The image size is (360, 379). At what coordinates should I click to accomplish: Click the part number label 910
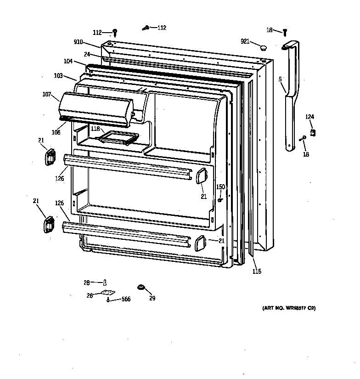point(78,42)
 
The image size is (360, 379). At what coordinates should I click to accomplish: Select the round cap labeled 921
point(263,47)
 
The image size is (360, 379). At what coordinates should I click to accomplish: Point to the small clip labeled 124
point(313,133)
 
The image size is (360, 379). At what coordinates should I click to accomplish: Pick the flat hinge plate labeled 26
point(108,293)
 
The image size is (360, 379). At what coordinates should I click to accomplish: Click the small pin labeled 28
point(105,283)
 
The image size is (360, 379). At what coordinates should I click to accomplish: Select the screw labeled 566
point(108,300)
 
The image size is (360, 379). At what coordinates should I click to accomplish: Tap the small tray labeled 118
point(120,136)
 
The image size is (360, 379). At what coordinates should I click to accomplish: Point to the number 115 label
point(257,272)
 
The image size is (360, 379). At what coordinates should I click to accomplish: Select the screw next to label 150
point(220,199)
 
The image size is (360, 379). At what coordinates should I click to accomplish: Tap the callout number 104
point(68,61)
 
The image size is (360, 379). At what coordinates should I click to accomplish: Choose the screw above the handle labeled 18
point(285,32)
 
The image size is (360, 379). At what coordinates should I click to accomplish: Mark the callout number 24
point(87,54)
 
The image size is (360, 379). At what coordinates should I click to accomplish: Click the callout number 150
point(221,187)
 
